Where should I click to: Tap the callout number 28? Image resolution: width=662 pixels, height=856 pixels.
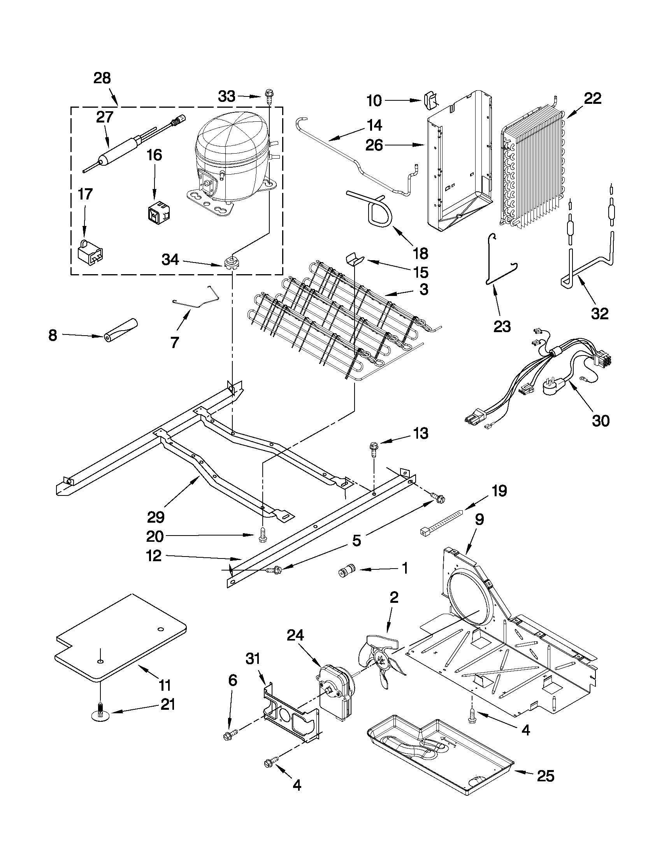(x=102, y=79)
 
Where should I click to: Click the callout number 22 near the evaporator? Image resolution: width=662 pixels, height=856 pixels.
(x=592, y=98)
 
